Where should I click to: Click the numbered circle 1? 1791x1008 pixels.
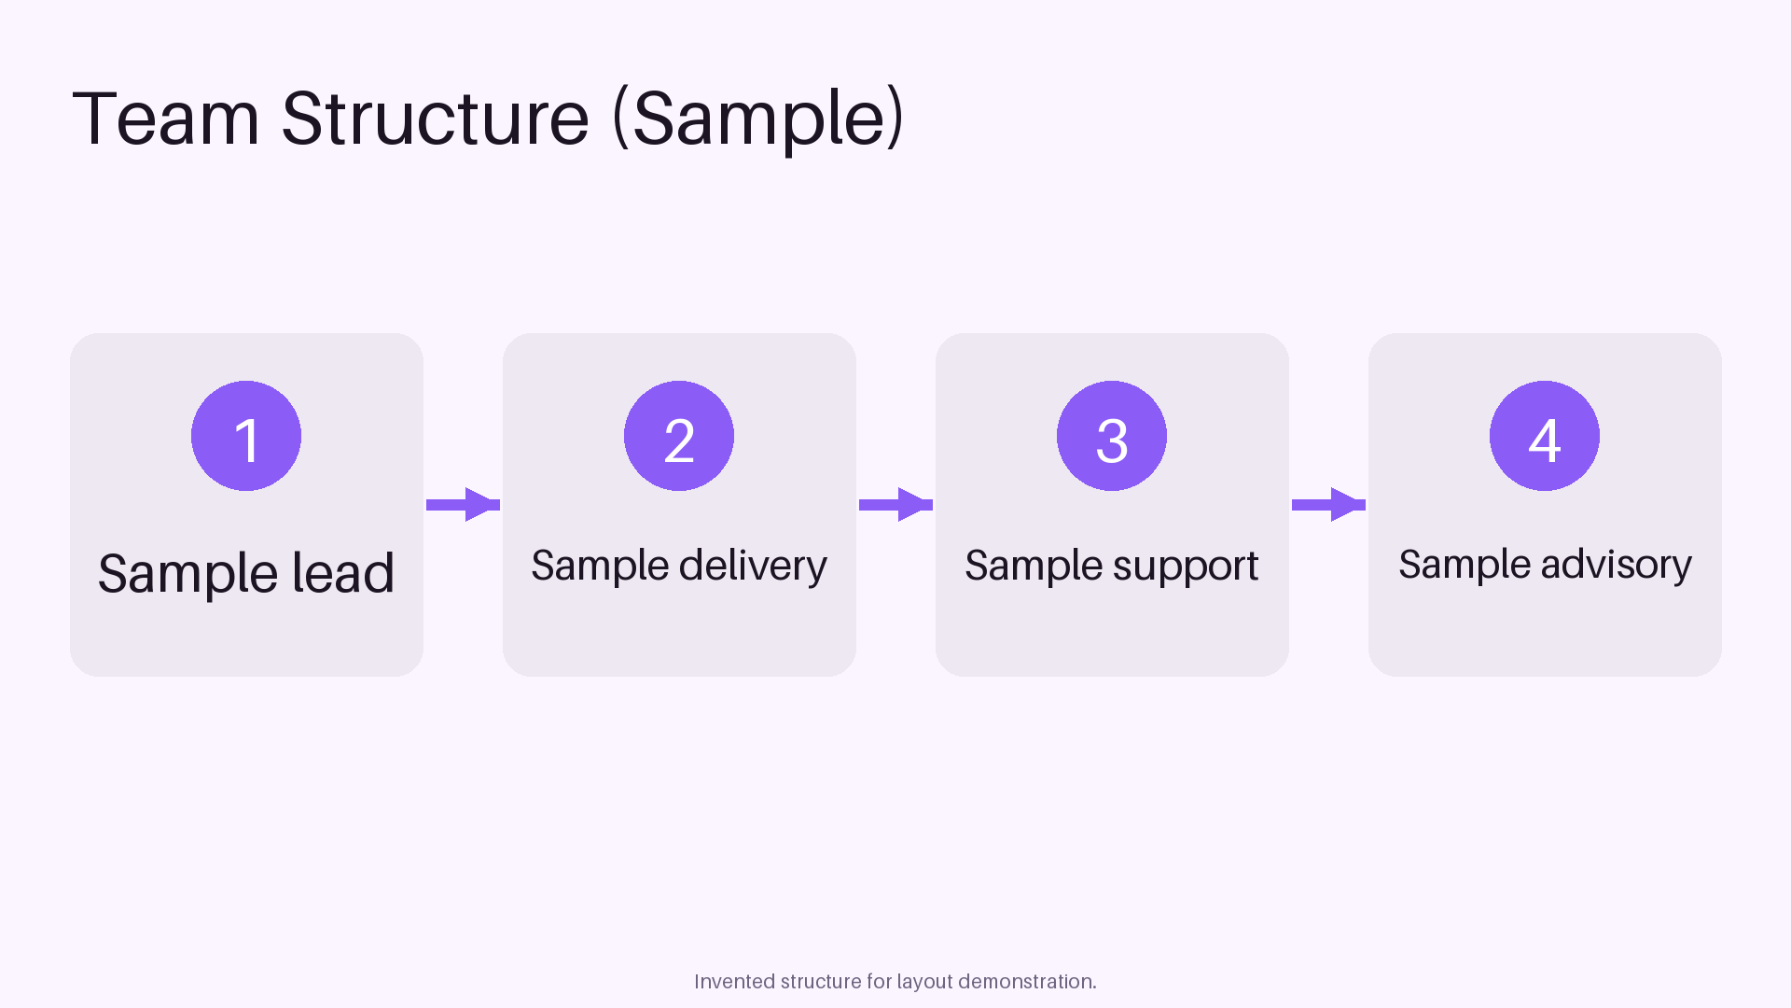click(x=246, y=436)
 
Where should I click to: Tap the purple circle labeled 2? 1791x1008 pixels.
click(x=679, y=436)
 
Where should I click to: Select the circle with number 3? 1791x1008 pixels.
click(x=1112, y=436)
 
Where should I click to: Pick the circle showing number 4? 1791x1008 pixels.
click(x=1545, y=436)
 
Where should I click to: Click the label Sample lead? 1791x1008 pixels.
click(x=246, y=573)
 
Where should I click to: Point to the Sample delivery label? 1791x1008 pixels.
click(x=679, y=566)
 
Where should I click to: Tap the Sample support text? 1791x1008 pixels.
click(x=1112, y=566)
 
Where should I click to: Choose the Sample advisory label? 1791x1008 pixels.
click(x=1545, y=565)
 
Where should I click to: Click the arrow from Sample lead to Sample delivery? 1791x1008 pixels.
click(x=463, y=505)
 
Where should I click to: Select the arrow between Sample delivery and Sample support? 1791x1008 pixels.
click(x=895, y=505)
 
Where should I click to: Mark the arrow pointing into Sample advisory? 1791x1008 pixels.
click(x=1328, y=505)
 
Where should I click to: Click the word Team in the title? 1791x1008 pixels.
click(x=166, y=119)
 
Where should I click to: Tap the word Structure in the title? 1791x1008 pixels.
click(x=436, y=119)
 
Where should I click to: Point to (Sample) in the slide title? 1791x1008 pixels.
click(x=758, y=119)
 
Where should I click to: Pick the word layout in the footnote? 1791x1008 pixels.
click(x=924, y=983)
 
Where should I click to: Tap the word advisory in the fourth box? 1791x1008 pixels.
click(x=1616, y=565)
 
